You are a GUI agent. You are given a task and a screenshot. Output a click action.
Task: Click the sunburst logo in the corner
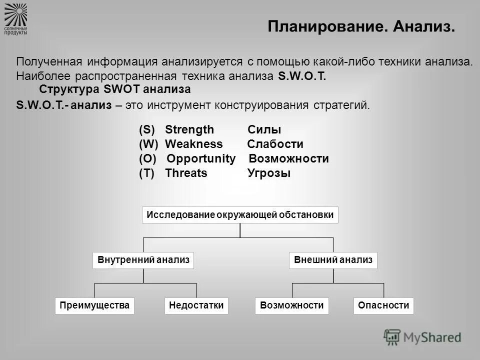coord(16,14)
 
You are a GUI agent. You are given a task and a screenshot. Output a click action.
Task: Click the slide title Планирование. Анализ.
coord(361,26)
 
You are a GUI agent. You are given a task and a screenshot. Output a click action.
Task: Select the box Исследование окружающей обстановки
coord(240,215)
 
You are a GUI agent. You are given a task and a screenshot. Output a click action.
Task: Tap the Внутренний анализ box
coord(143,260)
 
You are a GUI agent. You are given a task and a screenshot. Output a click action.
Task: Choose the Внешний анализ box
coord(333,260)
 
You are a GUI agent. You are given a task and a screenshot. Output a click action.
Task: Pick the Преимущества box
coord(95,305)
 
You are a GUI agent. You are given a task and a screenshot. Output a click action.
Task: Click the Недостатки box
coord(196,305)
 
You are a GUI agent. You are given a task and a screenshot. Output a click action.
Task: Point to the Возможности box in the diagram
coord(292,305)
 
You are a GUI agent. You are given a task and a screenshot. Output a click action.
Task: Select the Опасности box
coord(384,305)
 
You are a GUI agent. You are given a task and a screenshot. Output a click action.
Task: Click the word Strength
coord(189,130)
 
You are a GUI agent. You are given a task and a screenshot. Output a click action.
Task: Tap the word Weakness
coord(193,144)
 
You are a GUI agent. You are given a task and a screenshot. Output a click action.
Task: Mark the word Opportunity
coord(201,159)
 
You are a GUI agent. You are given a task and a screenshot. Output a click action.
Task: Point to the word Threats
coord(186,173)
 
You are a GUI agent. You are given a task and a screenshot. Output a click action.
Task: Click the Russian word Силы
coord(264,130)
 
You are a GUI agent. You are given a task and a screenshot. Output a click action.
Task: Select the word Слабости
coord(275,144)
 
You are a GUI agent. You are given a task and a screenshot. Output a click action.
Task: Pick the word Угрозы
coord(269,173)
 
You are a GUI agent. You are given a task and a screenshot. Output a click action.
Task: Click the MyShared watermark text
coord(432,337)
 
